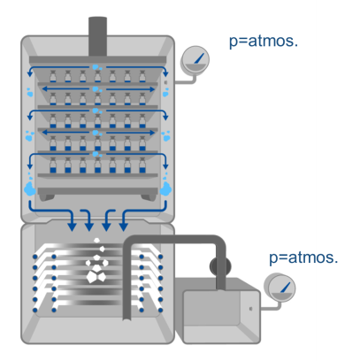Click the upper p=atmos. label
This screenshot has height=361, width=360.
[264, 41]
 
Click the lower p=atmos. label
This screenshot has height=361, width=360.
[303, 257]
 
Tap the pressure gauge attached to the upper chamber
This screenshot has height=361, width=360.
[195, 59]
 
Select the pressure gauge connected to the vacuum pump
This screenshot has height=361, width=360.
[280, 288]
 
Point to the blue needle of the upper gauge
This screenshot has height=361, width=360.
[200, 58]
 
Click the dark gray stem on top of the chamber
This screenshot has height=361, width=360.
[97, 36]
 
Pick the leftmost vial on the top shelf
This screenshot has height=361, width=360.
[53, 76]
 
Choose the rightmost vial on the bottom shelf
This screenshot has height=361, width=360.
[142, 165]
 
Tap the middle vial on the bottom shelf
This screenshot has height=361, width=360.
[97, 165]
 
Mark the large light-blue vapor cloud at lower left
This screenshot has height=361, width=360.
[29, 188]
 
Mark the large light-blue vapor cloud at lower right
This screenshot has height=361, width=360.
[165, 188]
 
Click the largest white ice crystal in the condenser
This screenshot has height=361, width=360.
[96, 277]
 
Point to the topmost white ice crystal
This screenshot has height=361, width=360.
[96, 241]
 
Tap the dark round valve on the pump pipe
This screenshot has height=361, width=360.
[220, 266]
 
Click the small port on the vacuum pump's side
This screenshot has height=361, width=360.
[250, 309]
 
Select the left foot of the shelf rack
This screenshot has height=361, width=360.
[47, 197]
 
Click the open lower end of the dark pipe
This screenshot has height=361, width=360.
[127, 319]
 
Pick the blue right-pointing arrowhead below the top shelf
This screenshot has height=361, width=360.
[152, 89]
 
